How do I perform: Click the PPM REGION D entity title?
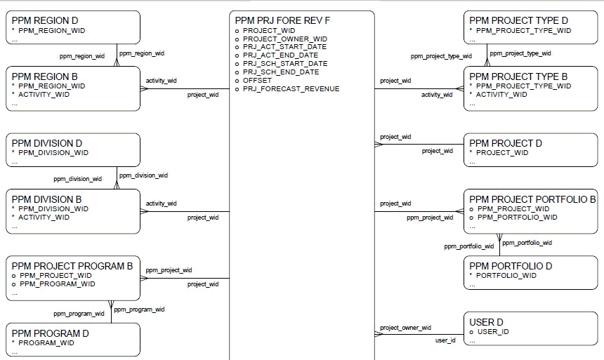point(44,21)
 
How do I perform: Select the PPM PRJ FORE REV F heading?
point(282,21)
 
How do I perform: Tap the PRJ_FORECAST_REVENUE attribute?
point(291,89)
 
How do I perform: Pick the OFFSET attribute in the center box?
point(257,81)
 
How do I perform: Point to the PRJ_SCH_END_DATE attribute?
point(281,72)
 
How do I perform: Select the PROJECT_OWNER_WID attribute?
point(284,39)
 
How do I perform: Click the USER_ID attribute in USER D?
point(492,332)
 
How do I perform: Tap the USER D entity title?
point(486,322)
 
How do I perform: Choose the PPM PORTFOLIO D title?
point(511,266)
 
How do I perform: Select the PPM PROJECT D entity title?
point(506,143)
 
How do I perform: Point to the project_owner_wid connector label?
point(405,328)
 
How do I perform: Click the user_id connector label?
point(445,340)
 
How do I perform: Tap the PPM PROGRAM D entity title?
point(50,333)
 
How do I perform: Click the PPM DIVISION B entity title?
point(46,199)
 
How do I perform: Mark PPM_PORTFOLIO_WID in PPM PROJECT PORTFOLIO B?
point(517,218)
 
